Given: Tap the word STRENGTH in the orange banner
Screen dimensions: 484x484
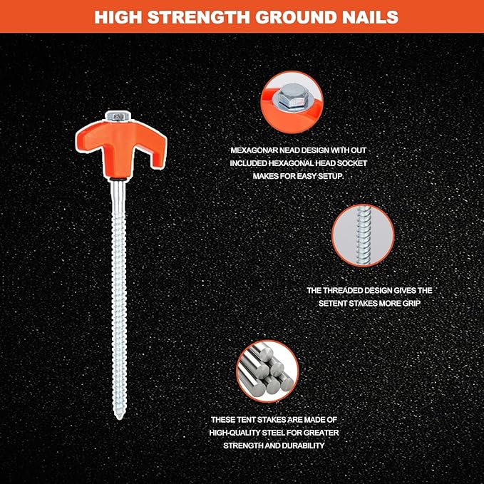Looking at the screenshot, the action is tap(198, 17).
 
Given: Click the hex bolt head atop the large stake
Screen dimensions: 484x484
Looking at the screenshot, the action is tap(118, 116).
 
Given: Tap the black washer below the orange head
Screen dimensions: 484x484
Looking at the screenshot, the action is tap(118, 180).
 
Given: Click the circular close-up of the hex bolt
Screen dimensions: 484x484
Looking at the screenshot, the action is tap(292, 102).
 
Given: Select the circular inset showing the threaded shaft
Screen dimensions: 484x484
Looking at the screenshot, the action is tap(363, 235).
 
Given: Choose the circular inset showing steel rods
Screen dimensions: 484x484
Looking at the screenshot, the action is tap(267, 371).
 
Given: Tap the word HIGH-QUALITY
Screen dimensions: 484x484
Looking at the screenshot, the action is tap(235, 433).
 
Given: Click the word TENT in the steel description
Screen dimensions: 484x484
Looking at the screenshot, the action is tap(246, 420).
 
